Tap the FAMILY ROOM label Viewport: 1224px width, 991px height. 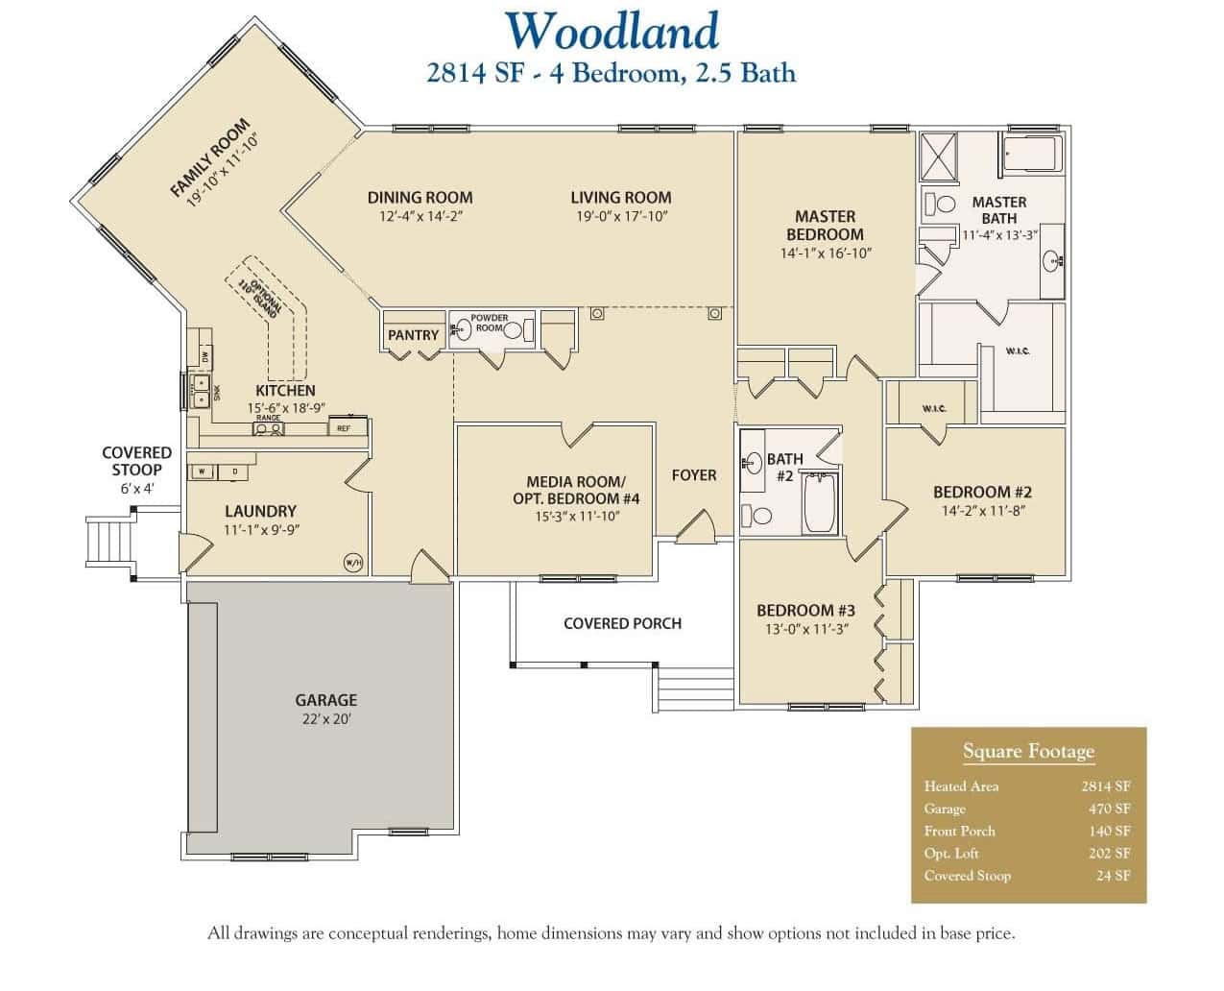pyautogui.click(x=209, y=157)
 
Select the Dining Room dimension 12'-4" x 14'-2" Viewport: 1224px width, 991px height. pyautogui.click(x=420, y=217)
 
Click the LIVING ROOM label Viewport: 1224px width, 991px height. pyautogui.click(x=620, y=198)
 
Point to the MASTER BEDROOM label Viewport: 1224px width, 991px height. pyautogui.click(x=825, y=226)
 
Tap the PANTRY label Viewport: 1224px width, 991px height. pyautogui.click(x=413, y=335)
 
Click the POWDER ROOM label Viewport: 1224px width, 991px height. pyautogui.click(x=490, y=324)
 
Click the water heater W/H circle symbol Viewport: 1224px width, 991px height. pyautogui.click(x=353, y=563)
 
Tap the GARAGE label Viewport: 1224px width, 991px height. pyautogui.click(x=325, y=700)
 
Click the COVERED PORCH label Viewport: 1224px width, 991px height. pyautogui.click(x=622, y=623)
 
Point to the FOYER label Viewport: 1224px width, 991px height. pyautogui.click(x=693, y=474)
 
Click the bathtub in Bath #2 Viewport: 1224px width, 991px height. pyautogui.click(x=820, y=502)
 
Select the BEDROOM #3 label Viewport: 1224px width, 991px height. pyautogui.click(x=805, y=610)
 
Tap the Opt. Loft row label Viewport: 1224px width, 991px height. pyautogui.click(x=953, y=853)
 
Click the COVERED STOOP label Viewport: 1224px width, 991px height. pyautogui.click(x=137, y=461)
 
